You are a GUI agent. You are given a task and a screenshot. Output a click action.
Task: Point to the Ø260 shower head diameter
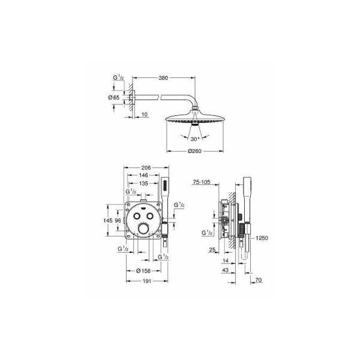click(194, 151)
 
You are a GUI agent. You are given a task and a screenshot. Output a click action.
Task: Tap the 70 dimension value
click(259, 280)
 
